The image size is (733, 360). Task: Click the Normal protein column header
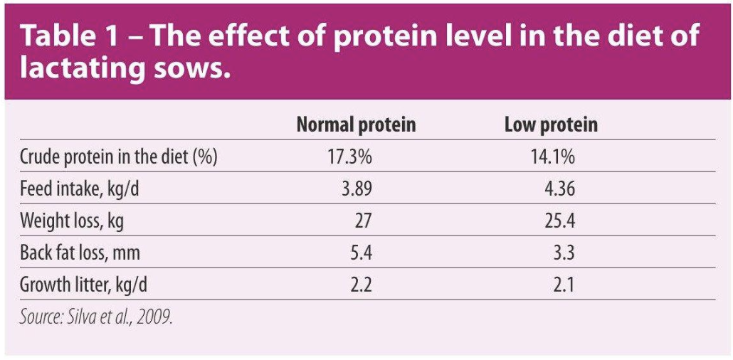click(x=356, y=126)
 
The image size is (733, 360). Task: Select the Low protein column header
click(x=551, y=126)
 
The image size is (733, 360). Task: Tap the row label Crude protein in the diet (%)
click(x=118, y=157)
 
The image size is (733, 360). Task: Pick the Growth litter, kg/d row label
click(x=84, y=285)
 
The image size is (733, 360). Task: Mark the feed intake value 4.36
click(x=558, y=189)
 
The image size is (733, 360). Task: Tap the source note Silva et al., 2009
click(x=96, y=316)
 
